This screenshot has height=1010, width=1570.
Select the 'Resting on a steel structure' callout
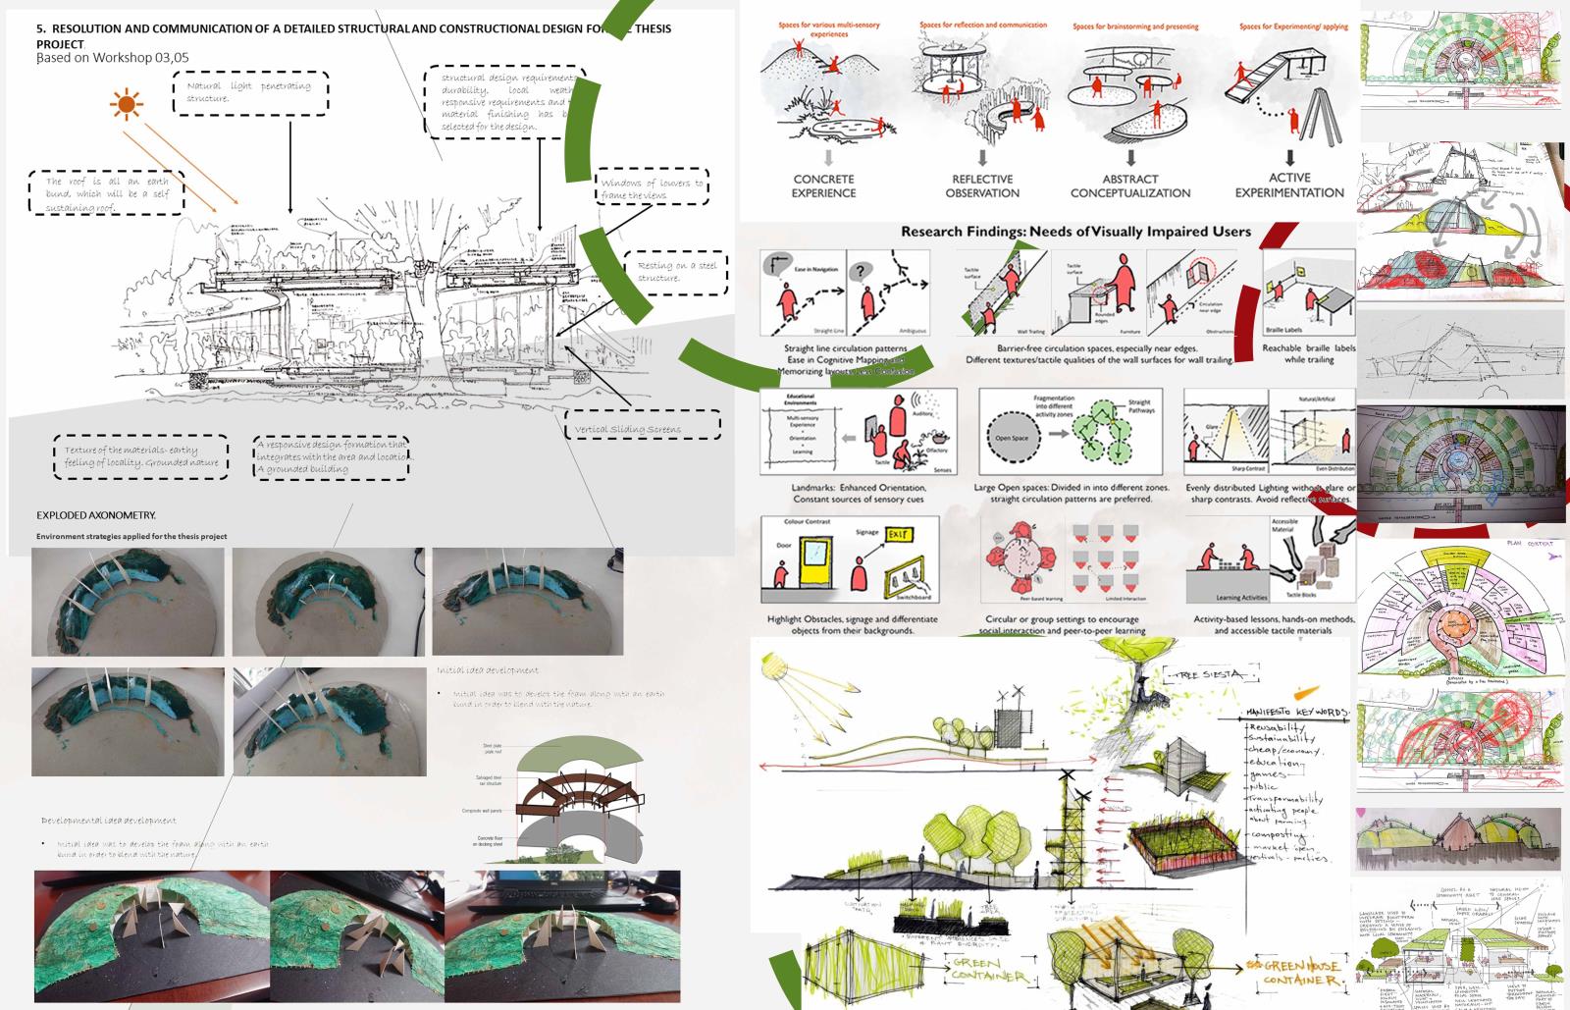pos(677,272)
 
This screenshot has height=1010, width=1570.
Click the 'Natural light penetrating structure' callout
pos(249,92)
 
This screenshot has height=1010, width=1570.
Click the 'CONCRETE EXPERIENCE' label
pos(823,186)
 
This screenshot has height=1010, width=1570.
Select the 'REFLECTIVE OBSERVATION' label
pos(982,186)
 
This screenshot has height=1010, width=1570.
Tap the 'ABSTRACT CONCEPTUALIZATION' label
pos(1130,186)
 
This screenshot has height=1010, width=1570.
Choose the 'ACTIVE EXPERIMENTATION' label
pos(1289,185)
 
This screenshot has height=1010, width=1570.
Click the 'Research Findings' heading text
pos(1075,232)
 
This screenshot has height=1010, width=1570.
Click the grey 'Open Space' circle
pos(1012,438)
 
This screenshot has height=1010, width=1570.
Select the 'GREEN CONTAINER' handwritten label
pos(987,973)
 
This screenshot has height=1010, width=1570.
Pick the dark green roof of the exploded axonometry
pos(579,761)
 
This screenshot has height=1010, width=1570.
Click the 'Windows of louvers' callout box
pos(653,188)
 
